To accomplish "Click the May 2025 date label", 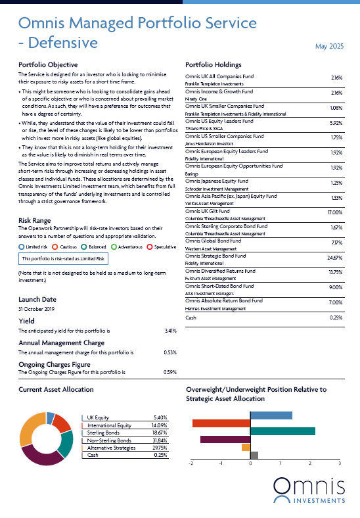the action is [329, 46].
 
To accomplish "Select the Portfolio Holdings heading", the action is [214, 64].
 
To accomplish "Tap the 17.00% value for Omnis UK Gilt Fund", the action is [335, 212].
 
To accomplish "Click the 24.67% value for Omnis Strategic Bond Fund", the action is [334, 258].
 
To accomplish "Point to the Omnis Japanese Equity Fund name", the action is [217, 181].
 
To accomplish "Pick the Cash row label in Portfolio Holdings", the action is [191, 318].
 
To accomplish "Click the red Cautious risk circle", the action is [55, 247].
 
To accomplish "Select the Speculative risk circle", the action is [150, 247].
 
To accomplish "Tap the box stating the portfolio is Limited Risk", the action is [63, 258].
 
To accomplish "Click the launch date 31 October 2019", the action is [36, 309].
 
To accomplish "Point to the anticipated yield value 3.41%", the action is [171, 331].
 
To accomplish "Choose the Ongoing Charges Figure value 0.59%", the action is [170, 372].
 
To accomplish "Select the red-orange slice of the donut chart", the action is [61, 423].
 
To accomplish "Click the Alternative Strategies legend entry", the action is [111, 448].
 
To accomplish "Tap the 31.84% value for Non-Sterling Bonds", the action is [160, 440].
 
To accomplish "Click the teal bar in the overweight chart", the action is [282, 431].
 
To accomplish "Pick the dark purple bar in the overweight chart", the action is [225, 439].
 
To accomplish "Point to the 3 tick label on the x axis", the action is [340, 463].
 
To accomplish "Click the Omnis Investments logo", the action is [309, 490].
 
